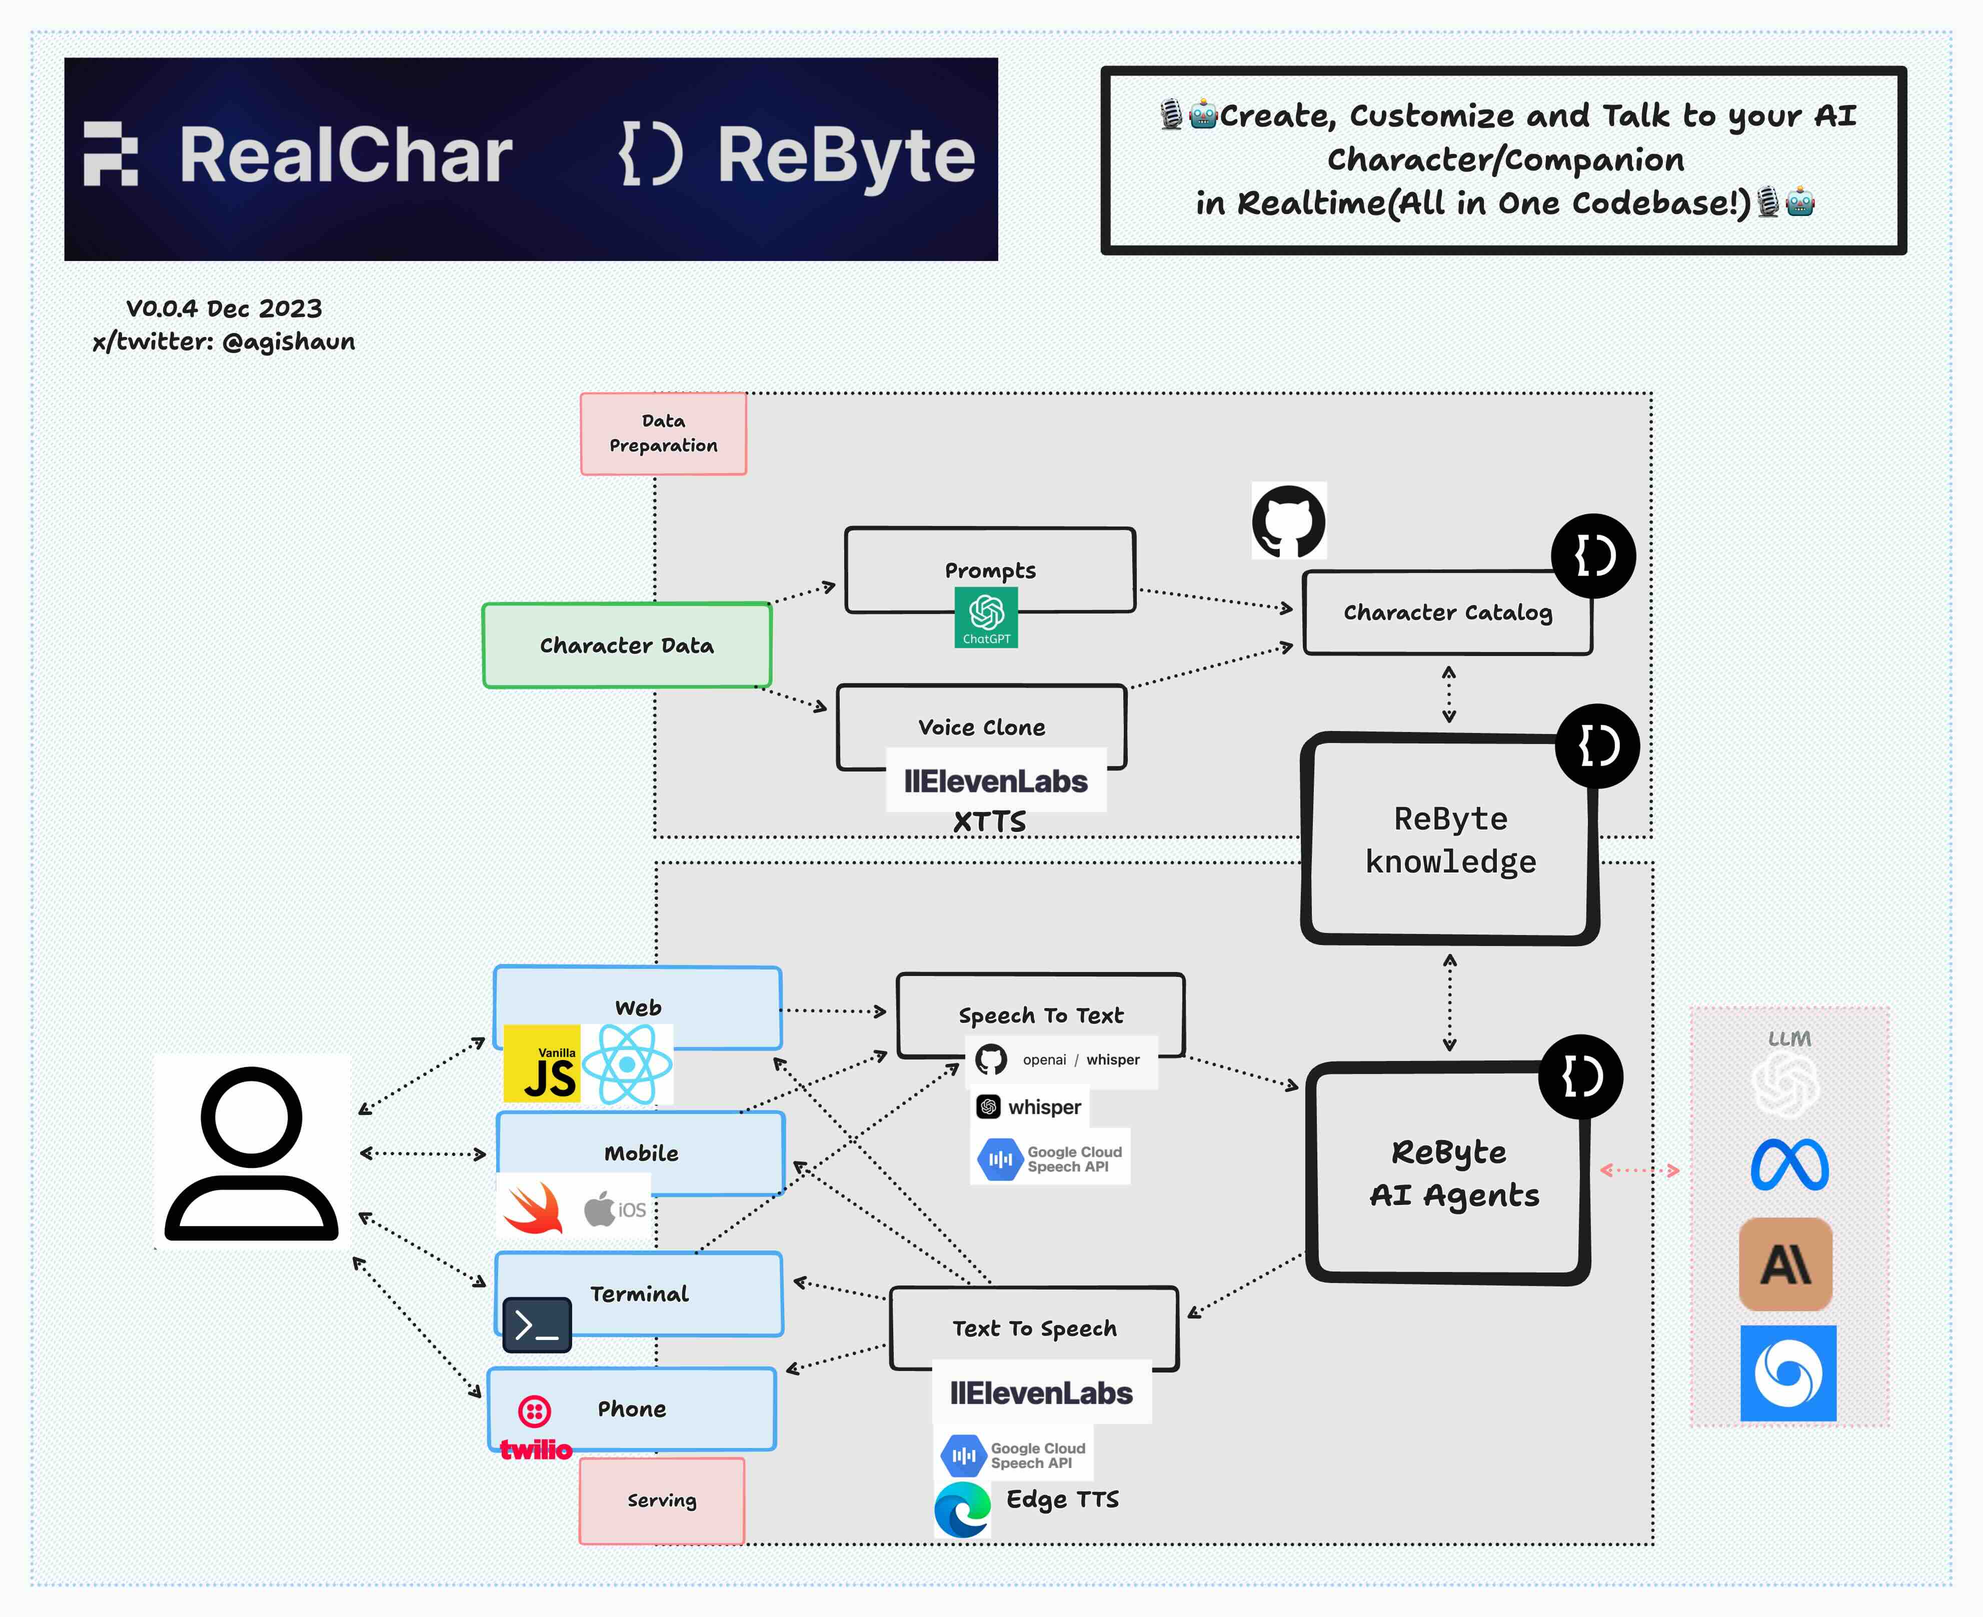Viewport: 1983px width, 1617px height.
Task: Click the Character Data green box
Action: (x=626, y=645)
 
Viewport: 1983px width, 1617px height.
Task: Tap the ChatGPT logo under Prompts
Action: (x=985, y=616)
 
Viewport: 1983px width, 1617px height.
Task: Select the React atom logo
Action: (x=627, y=1063)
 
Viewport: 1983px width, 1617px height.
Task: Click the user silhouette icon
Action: (x=252, y=1151)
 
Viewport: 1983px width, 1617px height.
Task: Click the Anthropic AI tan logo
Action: (x=1785, y=1264)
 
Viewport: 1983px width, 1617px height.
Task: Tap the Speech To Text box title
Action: (x=1040, y=1015)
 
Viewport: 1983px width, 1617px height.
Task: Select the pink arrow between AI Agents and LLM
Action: (x=1639, y=1170)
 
